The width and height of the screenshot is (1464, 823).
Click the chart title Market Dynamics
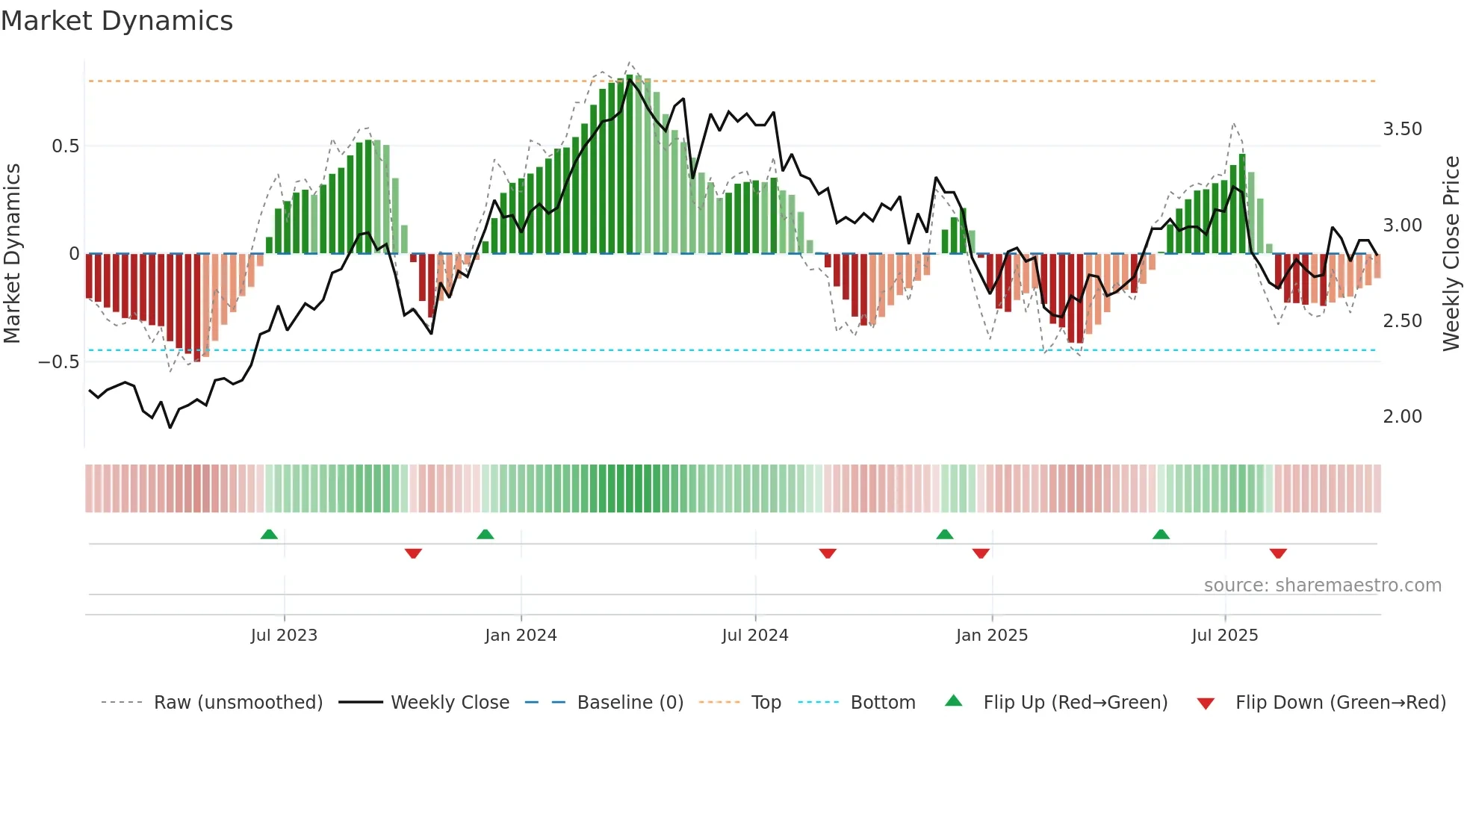pos(117,21)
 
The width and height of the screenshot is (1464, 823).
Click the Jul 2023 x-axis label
pos(284,635)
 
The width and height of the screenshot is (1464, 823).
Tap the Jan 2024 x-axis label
pos(521,635)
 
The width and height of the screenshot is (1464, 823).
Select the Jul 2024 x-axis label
pos(755,635)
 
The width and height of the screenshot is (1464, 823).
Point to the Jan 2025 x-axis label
pos(992,635)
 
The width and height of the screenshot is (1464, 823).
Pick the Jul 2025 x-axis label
pos(1225,635)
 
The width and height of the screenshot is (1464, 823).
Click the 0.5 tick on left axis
pos(65,146)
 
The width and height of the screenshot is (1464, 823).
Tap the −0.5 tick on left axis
pos(59,362)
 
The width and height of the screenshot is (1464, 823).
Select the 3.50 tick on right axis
pos(1403,129)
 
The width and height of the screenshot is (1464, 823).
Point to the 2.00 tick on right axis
pos(1403,417)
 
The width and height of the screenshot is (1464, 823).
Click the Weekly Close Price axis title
pos(1451,253)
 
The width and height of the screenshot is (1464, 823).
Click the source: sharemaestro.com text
pos(1322,586)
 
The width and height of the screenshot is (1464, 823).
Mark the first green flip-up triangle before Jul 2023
pos(269,534)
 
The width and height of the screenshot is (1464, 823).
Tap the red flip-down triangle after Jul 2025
pos(1278,553)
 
